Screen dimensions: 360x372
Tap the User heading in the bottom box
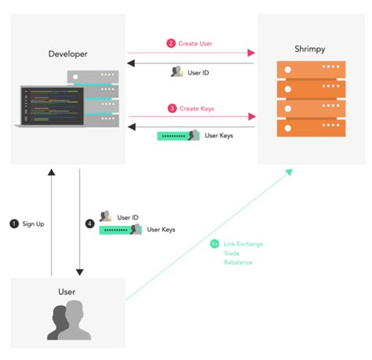click(x=67, y=292)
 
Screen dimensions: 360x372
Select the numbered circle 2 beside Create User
click(x=170, y=43)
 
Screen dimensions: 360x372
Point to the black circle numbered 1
click(x=13, y=224)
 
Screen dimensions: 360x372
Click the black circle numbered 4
click(x=89, y=224)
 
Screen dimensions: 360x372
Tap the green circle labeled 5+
click(x=214, y=244)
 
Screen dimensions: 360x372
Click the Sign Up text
click(x=33, y=224)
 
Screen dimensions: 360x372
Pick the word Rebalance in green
click(x=239, y=263)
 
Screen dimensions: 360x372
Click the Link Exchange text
click(x=244, y=244)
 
